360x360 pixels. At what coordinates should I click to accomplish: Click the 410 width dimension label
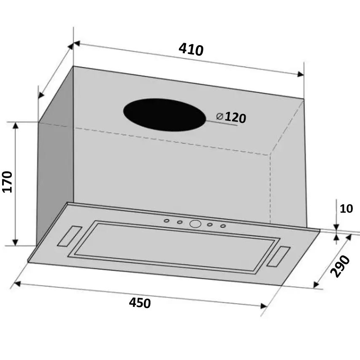point(191,49)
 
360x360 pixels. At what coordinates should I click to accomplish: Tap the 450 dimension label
point(140,303)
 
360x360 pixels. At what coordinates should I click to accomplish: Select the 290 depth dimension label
point(340,266)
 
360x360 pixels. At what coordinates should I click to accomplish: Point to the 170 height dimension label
point(8,182)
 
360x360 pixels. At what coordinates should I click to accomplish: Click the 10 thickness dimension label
point(346,208)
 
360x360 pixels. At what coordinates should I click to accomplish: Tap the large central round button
point(195,224)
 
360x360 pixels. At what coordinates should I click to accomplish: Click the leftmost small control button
point(167,220)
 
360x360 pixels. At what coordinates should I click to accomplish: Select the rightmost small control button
point(223,226)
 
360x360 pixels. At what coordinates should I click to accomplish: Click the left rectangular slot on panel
point(69,236)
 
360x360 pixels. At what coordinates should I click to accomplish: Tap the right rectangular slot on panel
point(279,257)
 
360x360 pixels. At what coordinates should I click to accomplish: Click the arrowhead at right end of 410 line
point(300,75)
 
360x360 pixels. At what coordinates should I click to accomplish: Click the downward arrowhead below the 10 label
point(336,228)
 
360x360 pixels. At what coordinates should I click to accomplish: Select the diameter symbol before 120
point(219,116)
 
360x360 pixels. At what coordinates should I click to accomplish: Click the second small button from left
point(180,222)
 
